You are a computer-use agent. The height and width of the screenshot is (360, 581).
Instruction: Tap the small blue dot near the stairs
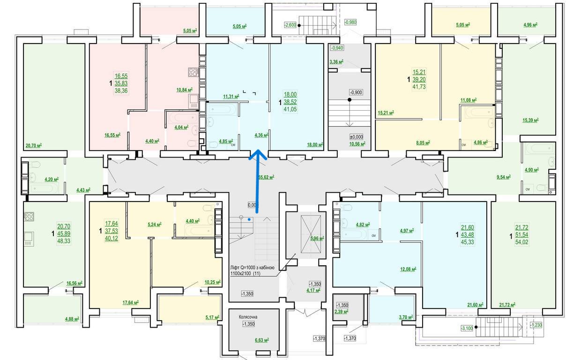coord(249,219)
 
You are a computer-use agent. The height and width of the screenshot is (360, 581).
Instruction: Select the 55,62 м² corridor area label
coord(267,177)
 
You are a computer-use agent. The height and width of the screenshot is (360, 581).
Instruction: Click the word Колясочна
coord(248,317)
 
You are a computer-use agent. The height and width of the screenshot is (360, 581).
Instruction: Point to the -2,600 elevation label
coord(290,25)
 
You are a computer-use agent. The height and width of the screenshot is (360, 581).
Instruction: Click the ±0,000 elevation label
coord(357,137)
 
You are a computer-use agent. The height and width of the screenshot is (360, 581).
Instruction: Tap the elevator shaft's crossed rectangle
coord(311,234)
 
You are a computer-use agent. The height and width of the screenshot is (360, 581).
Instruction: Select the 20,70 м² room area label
coord(34,145)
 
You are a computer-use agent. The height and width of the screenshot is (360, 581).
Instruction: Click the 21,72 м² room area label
coord(507,305)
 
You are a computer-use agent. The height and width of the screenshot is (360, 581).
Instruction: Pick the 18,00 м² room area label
coord(315,144)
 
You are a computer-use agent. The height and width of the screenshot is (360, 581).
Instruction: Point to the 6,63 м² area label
coord(262,340)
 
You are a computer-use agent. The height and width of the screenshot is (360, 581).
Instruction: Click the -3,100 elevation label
coord(467,328)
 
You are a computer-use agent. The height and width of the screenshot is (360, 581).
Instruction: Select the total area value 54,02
coord(521,242)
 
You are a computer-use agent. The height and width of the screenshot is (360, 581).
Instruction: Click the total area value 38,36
coord(121,90)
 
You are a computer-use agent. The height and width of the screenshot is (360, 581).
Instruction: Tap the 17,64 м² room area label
coord(130,302)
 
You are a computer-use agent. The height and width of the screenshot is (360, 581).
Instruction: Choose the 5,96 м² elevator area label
coord(317,238)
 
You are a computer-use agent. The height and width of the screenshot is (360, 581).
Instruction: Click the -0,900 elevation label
coord(356,92)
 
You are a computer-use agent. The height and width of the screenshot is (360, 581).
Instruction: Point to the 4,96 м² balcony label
coord(530,25)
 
